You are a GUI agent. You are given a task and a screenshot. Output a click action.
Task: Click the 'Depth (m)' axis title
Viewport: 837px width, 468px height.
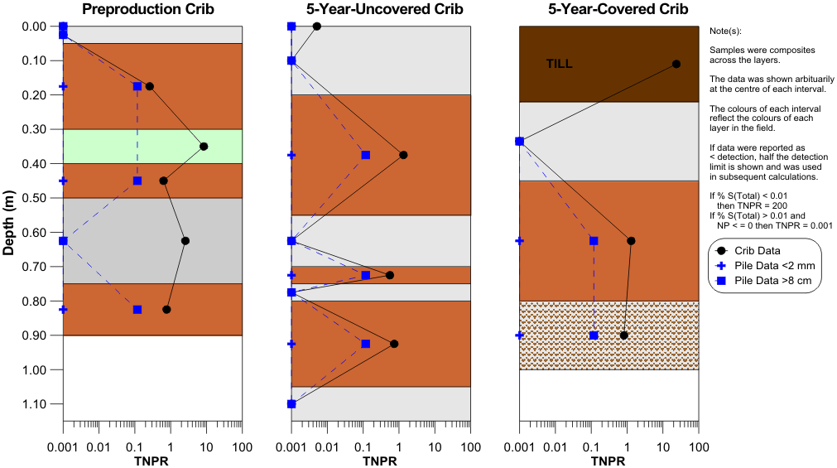tap(10, 224)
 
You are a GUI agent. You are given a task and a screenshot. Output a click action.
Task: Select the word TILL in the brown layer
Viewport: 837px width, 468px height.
tap(559, 64)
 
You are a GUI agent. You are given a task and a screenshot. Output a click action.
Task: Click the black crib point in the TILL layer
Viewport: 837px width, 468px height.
tap(676, 64)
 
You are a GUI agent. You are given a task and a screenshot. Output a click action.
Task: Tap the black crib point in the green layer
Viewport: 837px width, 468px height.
tap(204, 146)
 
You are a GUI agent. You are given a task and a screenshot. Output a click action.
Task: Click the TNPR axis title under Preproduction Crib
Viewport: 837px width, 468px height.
tap(152, 461)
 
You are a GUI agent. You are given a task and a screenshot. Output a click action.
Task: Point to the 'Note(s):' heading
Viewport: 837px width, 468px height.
tap(727, 31)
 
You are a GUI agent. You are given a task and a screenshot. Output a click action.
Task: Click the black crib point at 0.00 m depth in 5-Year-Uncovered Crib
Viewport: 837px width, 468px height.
tap(317, 27)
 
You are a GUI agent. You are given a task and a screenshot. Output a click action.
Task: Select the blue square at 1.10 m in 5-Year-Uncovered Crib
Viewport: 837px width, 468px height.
tap(291, 404)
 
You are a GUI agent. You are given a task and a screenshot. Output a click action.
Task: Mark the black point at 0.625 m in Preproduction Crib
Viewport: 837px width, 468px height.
tap(185, 241)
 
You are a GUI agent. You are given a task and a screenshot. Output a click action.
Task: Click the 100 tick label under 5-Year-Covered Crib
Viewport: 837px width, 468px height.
tap(699, 447)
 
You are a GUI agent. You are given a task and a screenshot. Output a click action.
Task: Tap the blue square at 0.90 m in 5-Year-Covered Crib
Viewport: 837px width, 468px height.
tap(594, 335)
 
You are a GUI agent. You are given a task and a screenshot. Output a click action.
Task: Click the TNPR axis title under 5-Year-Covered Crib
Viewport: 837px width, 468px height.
tap(608, 461)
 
